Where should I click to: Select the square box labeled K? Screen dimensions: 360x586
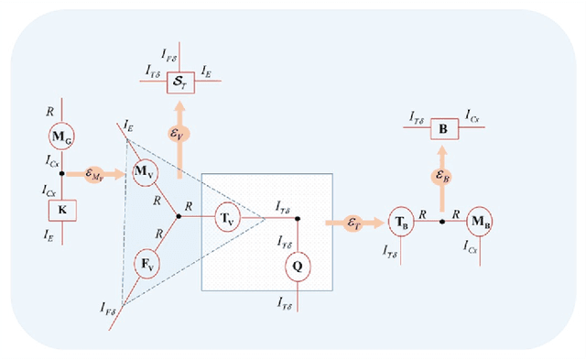click(x=60, y=210)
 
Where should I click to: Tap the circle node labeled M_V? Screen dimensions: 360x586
click(x=143, y=171)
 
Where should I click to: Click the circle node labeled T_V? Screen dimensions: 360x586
click(x=229, y=218)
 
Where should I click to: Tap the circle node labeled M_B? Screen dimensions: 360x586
click(x=481, y=221)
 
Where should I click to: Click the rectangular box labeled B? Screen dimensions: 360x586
click(x=442, y=129)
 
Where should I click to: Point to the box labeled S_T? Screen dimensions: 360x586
click(x=178, y=82)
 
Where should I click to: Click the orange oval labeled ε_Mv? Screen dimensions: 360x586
click(x=94, y=172)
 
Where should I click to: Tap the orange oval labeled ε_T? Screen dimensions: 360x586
click(x=353, y=221)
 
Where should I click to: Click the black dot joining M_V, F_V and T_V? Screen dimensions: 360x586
click(x=178, y=218)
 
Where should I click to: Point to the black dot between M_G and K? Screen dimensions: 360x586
click(x=60, y=172)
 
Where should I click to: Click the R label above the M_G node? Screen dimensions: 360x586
click(x=49, y=109)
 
